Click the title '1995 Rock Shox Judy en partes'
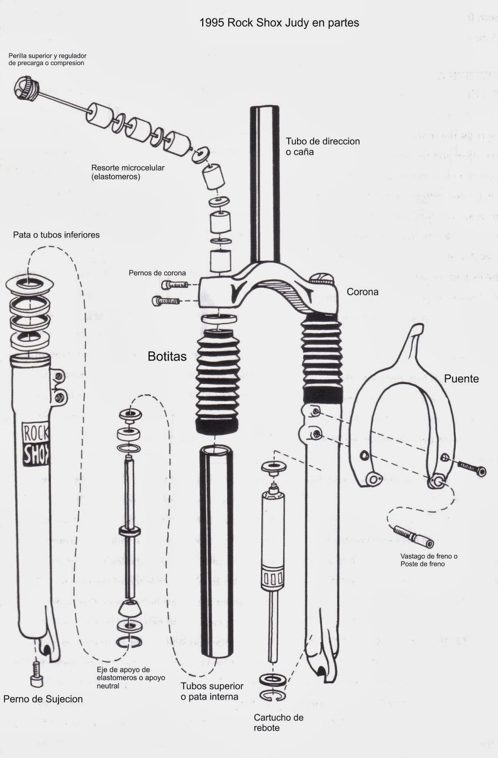tap(279, 23)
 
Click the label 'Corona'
tap(362, 292)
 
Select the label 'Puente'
tap(461, 379)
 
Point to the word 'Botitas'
tap(167, 357)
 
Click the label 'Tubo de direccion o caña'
tap(322, 146)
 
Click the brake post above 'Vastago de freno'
tap(413, 535)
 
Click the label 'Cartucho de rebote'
tap(278, 722)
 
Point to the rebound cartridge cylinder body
tap(273, 540)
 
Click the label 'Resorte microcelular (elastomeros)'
tap(128, 172)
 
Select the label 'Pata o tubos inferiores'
tap(56, 235)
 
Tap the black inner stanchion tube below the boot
tap(216, 554)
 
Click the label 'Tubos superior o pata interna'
tap(212, 691)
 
